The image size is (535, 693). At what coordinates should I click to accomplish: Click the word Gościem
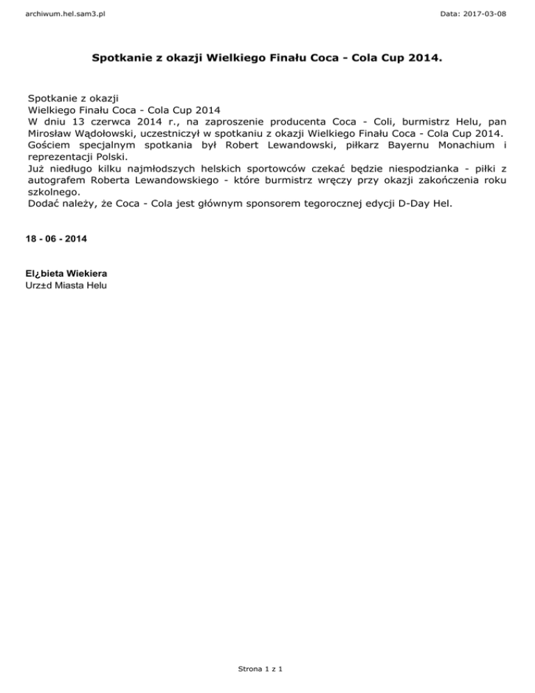(51, 146)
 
